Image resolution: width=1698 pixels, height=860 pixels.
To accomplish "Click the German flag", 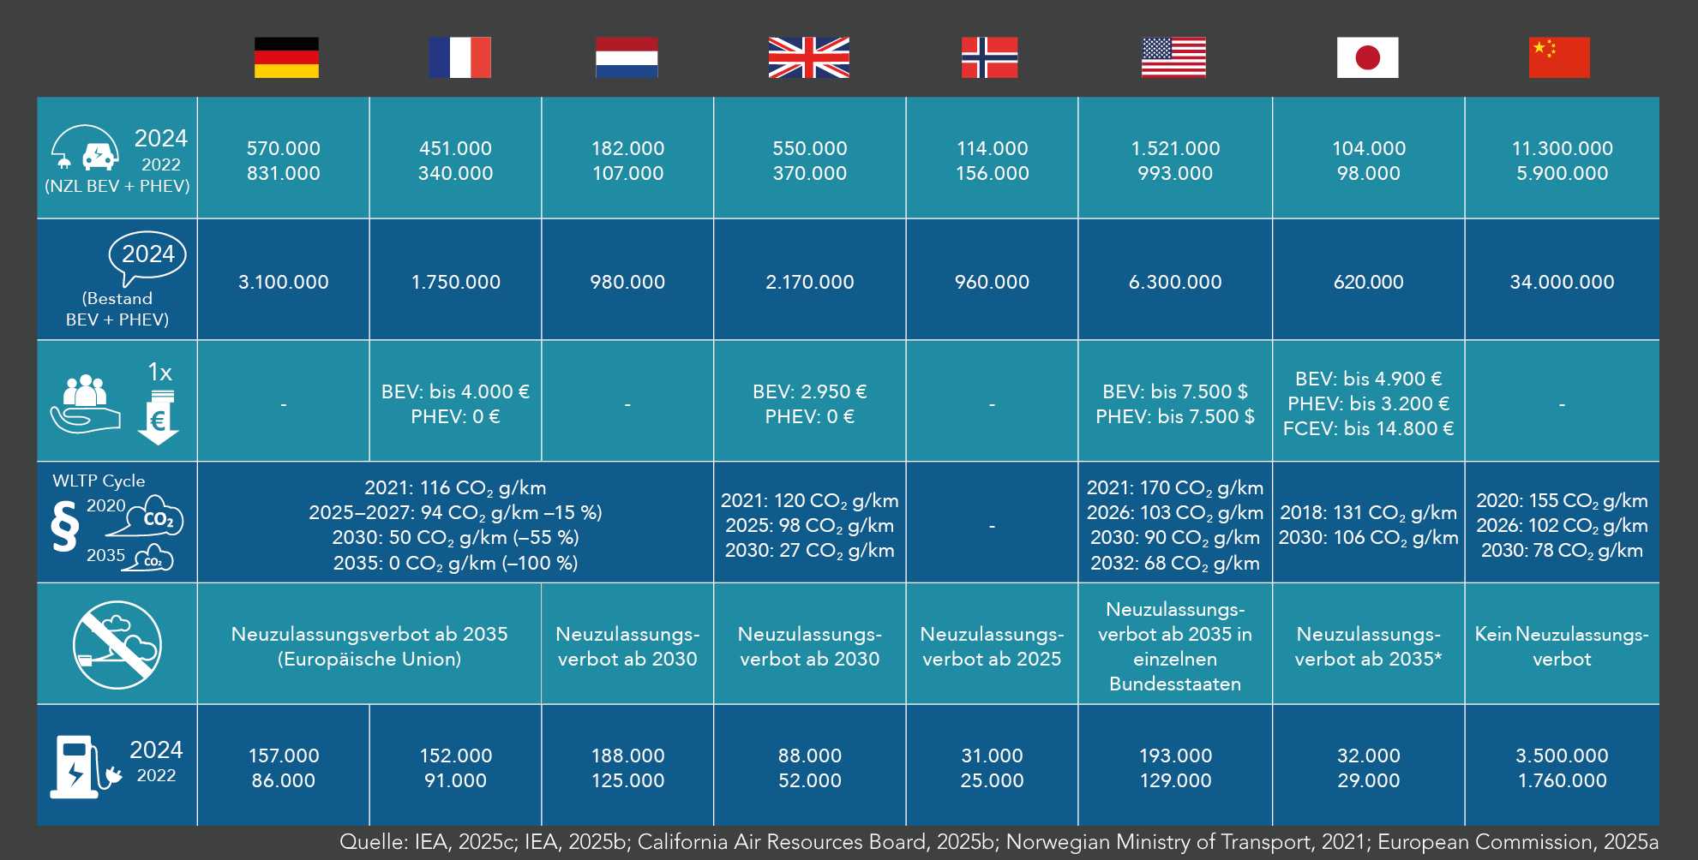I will coord(286,57).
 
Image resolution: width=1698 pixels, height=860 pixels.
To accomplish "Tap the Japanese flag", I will coord(1367,57).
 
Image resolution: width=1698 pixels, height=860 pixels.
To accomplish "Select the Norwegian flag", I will coord(989,57).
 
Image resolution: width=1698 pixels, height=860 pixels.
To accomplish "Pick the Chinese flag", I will coord(1559,57).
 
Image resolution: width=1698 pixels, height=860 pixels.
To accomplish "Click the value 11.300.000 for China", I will coord(1562,148).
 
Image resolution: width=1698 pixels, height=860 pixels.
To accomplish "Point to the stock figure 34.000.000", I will coord(1562,282).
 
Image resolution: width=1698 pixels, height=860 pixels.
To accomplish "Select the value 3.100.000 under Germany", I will coord(283,282).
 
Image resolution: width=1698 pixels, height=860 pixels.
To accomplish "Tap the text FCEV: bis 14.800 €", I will coord(1368,428).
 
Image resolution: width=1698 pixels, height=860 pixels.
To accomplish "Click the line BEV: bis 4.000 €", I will coord(455,391).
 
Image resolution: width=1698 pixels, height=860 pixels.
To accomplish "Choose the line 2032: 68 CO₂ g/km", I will coord(1174,563).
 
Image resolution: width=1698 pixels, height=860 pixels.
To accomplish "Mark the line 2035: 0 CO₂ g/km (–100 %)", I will coord(455,563).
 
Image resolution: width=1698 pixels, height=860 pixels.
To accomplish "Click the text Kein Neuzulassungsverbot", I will coord(1561,646).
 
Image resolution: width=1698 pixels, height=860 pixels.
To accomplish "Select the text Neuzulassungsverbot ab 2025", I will coord(992,646).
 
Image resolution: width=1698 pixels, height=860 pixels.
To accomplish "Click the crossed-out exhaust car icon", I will coord(117,644).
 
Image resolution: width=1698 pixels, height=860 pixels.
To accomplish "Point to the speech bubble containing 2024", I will coord(147,255).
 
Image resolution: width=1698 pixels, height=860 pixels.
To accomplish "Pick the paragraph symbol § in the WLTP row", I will coord(64,526).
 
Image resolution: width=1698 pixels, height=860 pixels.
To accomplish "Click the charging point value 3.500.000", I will coord(1562,755).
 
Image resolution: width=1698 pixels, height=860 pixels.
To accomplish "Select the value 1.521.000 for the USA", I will coord(1174,148).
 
